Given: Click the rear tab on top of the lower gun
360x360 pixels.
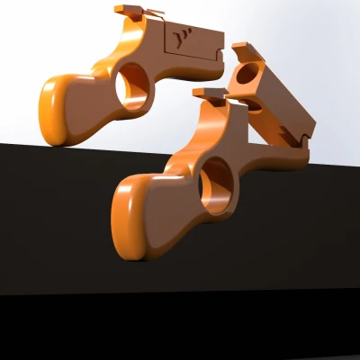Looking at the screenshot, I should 208,92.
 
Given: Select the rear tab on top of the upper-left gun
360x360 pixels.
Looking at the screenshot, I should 127,12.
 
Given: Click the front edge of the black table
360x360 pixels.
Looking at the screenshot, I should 180,292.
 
